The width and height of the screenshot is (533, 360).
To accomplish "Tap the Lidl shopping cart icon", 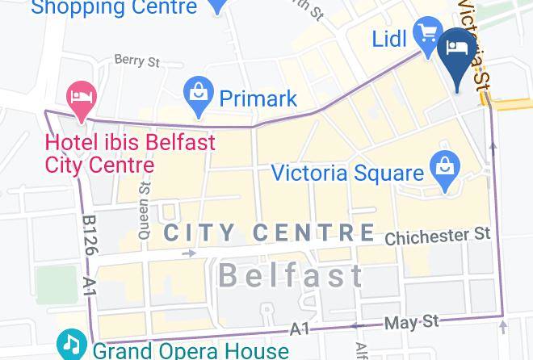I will (426, 34).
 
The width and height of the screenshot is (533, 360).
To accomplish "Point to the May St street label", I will (412, 323).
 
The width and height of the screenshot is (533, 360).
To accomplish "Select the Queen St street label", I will (145, 211).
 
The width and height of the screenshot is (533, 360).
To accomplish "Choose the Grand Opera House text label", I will (190, 350).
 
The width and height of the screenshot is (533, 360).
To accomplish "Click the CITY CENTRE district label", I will (269, 232).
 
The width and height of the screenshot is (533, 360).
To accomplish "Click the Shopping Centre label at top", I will (114, 8).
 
